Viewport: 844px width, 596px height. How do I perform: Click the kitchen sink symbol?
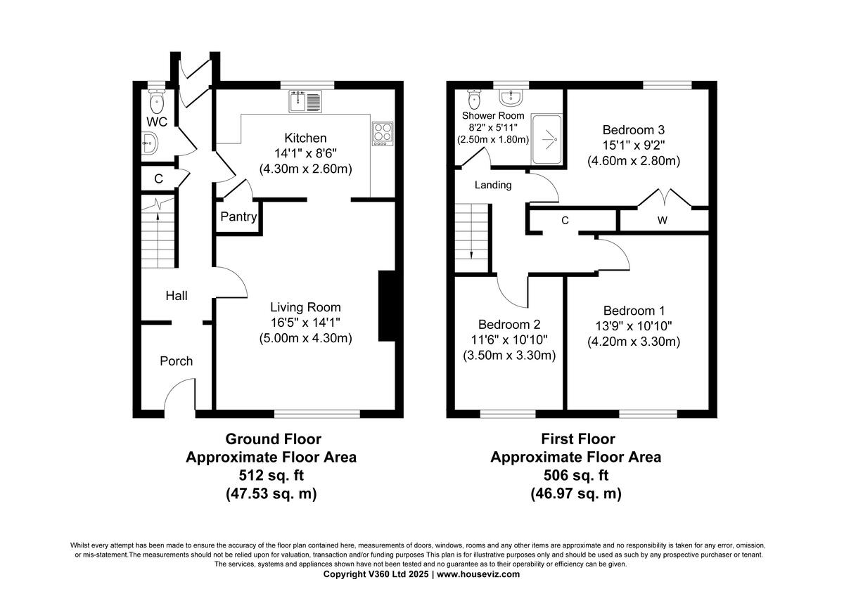point(305,102)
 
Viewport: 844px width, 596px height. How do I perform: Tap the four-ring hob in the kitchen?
point(382,134)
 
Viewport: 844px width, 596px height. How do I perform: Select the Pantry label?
point(238,217)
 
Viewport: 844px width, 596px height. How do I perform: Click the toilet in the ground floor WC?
point(157,103)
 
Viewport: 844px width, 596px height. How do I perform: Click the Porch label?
point(176,361)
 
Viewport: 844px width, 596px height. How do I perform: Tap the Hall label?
point(176,297)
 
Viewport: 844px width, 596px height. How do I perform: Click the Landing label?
point(493,186)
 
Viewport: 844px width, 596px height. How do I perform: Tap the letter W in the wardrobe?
point(662,221)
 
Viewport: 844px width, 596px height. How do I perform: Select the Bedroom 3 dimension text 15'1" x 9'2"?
point(633,145)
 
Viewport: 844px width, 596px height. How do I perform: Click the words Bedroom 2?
point(509,325)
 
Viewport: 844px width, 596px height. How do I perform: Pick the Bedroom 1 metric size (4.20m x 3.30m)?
point(633,342)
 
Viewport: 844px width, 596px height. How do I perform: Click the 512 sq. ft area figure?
point(271,476)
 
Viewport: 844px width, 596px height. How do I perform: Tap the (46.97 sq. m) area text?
point(575,494)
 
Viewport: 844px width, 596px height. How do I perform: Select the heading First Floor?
point(577,439)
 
